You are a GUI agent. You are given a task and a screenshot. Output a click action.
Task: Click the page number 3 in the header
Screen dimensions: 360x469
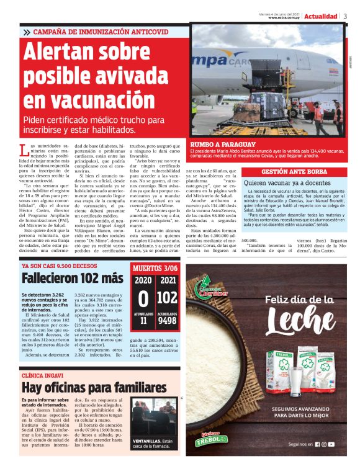(x=345, y=16)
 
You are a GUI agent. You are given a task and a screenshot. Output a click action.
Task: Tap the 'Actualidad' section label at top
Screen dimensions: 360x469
(x=321, y=16)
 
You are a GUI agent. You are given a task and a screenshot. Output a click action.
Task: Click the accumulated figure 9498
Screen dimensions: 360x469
(x=167, y=321)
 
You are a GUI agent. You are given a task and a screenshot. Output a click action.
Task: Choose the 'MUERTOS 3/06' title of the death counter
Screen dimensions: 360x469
(x=156, y=269)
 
